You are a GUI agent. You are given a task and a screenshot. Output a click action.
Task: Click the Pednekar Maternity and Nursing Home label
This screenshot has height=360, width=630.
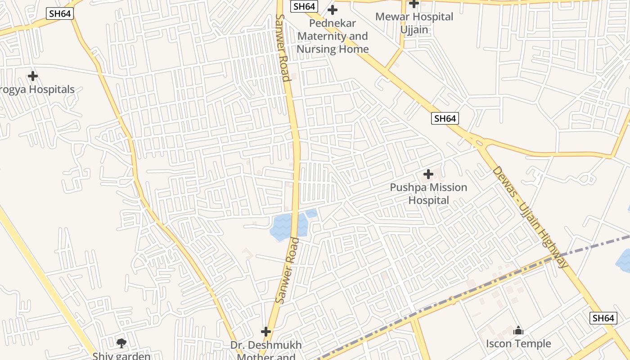333,36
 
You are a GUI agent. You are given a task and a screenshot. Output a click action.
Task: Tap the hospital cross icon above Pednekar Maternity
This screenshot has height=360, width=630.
333,9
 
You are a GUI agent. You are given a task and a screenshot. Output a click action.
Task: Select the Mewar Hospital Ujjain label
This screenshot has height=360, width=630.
414,23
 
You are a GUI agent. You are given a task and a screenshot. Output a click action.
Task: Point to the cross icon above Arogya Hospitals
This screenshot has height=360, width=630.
32,76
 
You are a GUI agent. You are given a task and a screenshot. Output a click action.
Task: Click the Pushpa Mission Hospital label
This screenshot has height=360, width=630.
428,193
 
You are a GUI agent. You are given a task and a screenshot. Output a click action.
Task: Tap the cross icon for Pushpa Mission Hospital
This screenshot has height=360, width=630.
428,174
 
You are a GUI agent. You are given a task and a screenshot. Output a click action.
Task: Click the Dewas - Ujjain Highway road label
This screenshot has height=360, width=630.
531,217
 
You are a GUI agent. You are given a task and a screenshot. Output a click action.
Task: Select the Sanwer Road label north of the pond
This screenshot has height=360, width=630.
282,48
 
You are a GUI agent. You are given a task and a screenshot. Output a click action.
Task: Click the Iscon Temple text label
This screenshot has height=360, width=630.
518,344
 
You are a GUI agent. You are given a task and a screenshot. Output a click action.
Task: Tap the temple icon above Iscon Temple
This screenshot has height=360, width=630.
518,331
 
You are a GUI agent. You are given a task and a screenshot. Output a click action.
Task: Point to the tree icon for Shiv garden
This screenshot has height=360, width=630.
121,343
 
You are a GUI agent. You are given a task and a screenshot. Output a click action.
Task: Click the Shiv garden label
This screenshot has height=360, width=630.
121,356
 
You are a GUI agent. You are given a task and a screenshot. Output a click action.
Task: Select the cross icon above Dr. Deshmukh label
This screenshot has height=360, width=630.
266,332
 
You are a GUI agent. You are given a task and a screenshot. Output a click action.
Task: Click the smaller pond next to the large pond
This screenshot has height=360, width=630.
311,213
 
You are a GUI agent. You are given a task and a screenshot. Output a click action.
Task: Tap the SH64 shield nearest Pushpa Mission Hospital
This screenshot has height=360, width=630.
445,118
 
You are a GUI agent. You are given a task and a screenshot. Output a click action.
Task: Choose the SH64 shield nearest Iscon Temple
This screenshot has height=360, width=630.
603,318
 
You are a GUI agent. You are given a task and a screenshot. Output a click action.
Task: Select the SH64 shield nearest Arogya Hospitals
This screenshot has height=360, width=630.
60,13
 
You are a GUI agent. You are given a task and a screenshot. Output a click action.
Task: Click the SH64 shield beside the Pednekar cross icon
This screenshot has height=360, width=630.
304,6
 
